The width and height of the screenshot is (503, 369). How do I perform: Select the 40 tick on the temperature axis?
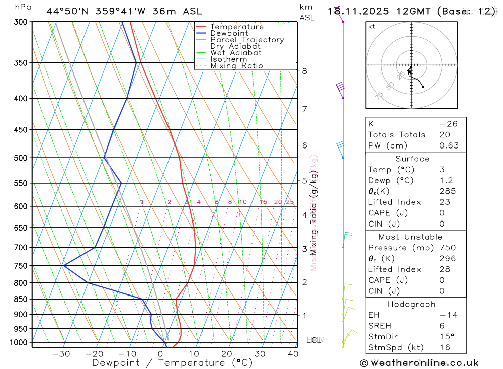tap(293, 354)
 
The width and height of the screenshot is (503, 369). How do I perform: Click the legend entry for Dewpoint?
tap(229, 33)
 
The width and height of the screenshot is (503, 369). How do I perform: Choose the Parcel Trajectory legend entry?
tap(247, 40)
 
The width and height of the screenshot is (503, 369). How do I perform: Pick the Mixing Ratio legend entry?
tap(236, 66)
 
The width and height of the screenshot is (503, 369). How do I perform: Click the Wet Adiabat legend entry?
tap(235, 53)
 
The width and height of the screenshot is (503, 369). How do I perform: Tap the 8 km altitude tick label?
tap(304, 71)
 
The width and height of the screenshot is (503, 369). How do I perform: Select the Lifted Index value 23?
tap(445, 202)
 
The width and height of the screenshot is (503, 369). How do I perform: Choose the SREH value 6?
tap(442, 326)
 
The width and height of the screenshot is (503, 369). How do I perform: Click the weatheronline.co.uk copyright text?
tap(419, 363)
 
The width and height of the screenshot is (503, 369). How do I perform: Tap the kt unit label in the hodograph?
tap(372, 27)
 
